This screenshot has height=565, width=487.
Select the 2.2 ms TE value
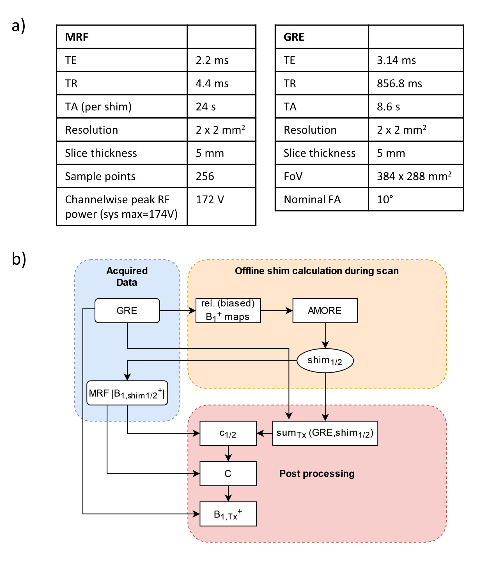tap(212, 60)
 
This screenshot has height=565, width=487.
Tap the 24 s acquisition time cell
tap(206, 107)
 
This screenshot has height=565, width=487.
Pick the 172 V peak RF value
tap(210, 200)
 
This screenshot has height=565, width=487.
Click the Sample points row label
tap(100, 176)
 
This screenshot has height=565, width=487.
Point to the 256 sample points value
tap(205, 176)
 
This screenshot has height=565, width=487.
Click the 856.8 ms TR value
tap(399, 83)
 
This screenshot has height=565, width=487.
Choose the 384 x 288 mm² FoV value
tap(414, 176)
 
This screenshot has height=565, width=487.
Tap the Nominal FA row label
tap(312, 200)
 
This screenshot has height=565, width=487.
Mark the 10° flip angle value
tap(385, 200)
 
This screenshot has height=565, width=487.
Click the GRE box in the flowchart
tap(127, 311)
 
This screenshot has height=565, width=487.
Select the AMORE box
tap(325, 311)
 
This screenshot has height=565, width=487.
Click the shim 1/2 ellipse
tap(325, 361)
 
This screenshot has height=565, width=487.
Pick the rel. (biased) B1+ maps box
tap(228, 311)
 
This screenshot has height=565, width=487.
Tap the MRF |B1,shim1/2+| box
tap(127, 393)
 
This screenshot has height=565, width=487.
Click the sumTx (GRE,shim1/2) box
tap(325, 433)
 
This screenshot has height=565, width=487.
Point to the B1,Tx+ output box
tap(228, 514)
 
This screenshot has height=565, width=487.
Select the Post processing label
tap(317, 474)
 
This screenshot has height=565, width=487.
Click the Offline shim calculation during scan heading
tap(317, 271)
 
